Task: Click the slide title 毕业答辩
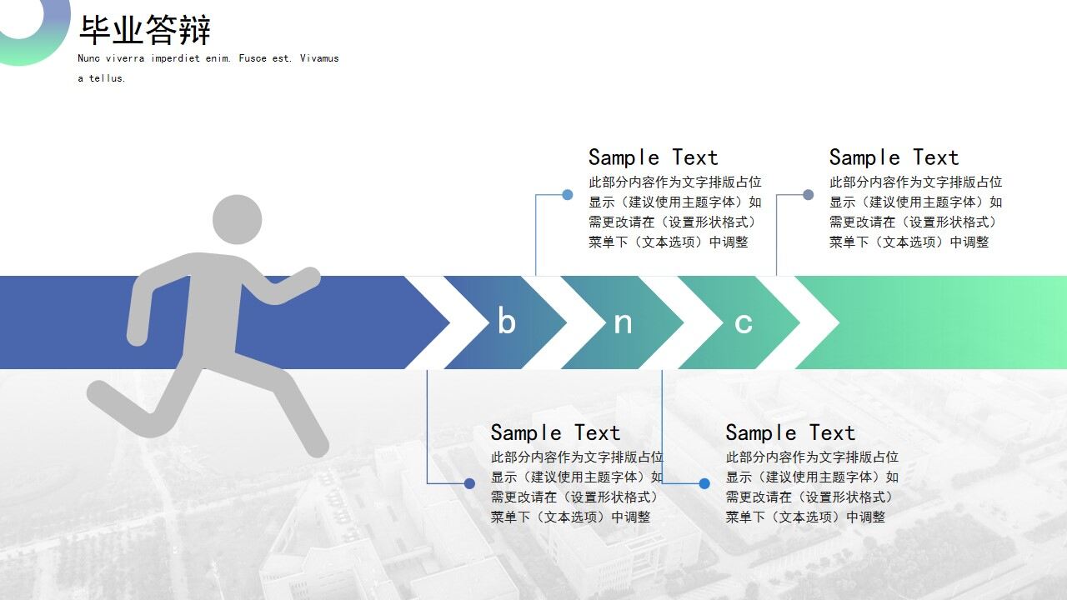click(x=145, y=29)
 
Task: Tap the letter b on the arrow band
click(x=507, y=320)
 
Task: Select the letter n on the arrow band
click(x=623, y=323)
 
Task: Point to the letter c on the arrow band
click(x=743, y=323)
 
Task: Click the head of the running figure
click(x=238, y=219)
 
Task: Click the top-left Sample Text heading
click(x=653, y=157)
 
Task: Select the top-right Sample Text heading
click(x=894, y=157)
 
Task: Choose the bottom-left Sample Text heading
click(x=555, y=432)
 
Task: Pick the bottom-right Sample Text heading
click(x=790, y=432)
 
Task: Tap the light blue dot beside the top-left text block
click(x=568, y=194)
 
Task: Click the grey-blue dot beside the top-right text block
click(x=809, y=194)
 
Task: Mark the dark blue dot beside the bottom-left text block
click(x=469, y=483)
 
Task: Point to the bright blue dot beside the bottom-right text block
click(x=704, y=483)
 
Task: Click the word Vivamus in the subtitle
click(x=319, y=58)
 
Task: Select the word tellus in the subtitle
click(x=108, y=78)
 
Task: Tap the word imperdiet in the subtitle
click(x=175, y=58)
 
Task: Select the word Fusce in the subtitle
click(x=253, y=58)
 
